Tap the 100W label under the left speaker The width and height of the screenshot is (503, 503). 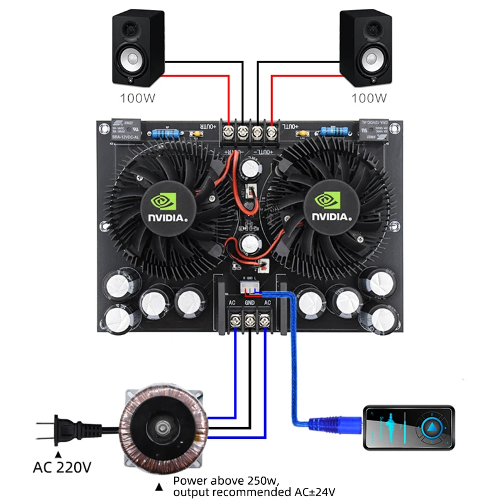coord(138,98)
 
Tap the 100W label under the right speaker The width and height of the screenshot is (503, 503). coord(369,98)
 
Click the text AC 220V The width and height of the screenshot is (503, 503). coord(62,468)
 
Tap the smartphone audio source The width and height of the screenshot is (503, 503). coord(408,428)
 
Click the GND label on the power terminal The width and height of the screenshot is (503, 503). coord(250,302)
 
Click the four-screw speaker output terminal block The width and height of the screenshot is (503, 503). coord(250,133)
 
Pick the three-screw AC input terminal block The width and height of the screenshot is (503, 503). coord(250,319)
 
